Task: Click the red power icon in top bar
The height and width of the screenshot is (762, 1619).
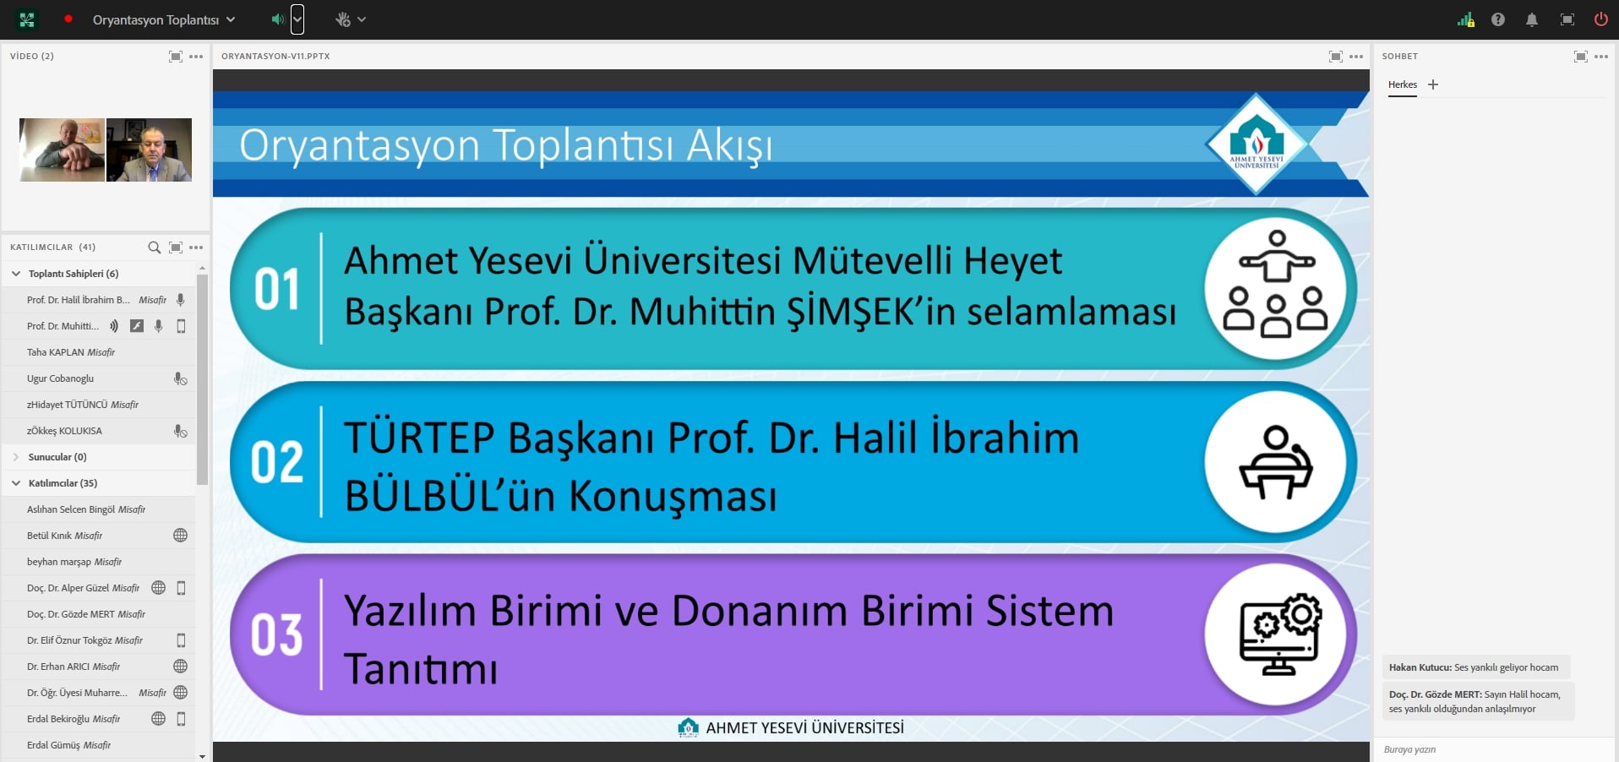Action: [x=1600, y=19]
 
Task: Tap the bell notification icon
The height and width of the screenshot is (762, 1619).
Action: [x=1532, y=19]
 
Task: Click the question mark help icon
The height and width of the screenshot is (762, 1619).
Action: [x=1498, y=19]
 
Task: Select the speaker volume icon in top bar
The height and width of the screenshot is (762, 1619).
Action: [x=277, y=19]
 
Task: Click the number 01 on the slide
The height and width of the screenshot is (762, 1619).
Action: [x=276, y=290]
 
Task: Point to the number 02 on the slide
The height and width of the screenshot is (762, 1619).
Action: [x=276, y=462]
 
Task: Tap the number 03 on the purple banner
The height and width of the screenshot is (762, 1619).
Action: [x=276, y=635]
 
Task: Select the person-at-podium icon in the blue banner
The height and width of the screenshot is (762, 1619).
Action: [x=1276, y=462]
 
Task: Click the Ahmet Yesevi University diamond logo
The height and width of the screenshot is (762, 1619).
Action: [x=1256, y=144]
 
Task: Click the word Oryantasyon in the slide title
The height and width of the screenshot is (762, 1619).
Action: [x=360, y=145]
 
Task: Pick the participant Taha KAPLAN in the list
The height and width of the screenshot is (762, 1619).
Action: [x=71, y=352]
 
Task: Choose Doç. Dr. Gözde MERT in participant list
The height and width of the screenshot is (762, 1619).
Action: [x=86, y=614]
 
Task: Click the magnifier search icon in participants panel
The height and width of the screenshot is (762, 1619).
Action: [x=154, y=248]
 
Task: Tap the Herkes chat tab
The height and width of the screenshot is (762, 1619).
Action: [x=1403, y=84]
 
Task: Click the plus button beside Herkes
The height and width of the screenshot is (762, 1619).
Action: [x=1433, y=84]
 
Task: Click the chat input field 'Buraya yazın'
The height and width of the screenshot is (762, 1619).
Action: [x=1496, y=749]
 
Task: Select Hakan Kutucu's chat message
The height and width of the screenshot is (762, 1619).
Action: [x=1474, y=667]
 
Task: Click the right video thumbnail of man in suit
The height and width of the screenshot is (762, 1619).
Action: [x=150, y=150]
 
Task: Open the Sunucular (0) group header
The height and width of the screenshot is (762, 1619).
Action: [x=57, y=457]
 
